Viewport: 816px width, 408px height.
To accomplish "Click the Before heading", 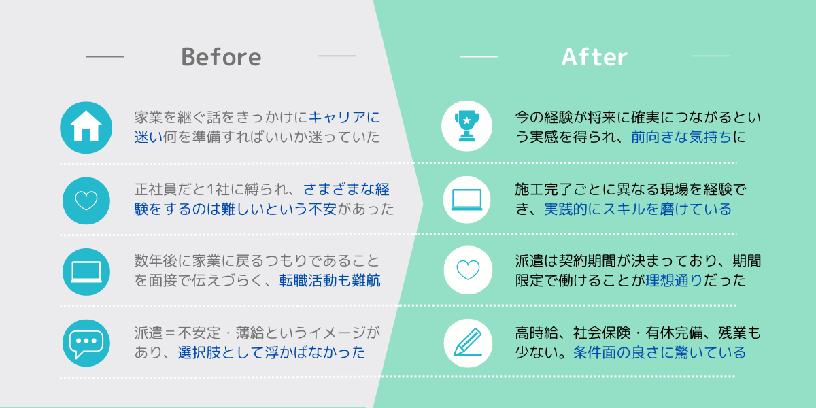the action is point(221,57).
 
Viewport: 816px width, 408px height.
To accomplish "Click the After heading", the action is point(594,57).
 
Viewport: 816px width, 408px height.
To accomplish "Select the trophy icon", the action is point(466,126).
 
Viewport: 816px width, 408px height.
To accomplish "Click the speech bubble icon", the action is point(86,343).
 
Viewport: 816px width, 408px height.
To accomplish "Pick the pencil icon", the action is point(468,343).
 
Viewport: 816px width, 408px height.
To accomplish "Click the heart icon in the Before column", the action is point(86,201).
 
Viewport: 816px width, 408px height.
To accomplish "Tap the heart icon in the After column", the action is point(468,270).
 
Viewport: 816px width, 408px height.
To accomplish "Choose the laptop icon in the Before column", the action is point(86,272).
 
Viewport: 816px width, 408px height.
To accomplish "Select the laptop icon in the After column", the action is point(466,200).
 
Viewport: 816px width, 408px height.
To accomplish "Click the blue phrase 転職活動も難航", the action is point(330,280).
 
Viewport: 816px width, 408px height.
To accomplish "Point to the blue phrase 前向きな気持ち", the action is point(681,137).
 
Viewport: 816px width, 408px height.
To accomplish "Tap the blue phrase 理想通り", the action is point(674,280).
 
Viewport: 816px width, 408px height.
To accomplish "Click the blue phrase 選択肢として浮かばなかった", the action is point(271,352).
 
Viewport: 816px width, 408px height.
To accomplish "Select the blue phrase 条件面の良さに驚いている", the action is point(660,352).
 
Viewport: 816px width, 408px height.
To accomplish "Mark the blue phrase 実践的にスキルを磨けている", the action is point(638,209).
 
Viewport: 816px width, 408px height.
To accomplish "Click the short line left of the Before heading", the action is point(105,57).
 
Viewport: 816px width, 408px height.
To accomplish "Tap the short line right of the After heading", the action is point(711,56).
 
